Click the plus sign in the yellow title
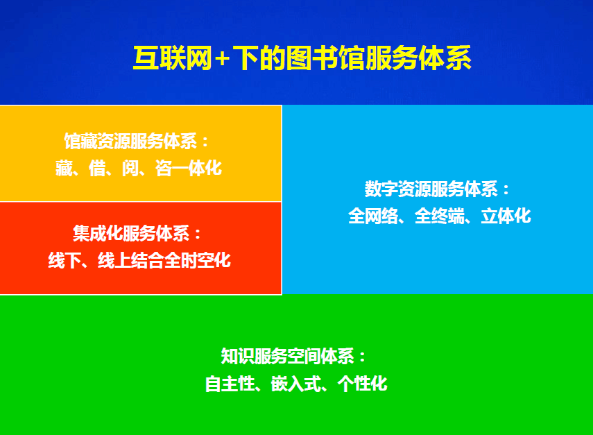(222, 59)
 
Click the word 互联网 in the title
(173, 58)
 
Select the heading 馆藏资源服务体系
(131, 142)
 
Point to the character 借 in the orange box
(97, 169)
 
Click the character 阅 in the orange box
(130, 169)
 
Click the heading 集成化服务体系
(131, 233)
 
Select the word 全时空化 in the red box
(198, 261)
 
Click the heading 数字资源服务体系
(431, 189)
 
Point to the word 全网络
(373, 216)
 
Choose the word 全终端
(440, 216)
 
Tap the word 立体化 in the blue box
(506, 216)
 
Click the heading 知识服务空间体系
(288, 357)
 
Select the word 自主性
(230, 384)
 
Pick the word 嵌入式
(296, 384)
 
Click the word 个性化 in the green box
(362, 384)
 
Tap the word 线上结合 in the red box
(131, 261)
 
